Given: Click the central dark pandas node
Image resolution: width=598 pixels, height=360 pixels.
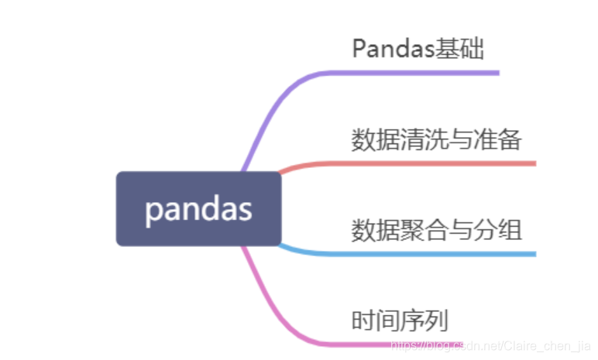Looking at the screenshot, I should tap(198, 209).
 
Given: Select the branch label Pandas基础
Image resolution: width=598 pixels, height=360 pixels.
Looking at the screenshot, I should tap(418, 49).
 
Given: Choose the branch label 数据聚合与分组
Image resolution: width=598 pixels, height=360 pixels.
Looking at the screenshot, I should tap(436, 229).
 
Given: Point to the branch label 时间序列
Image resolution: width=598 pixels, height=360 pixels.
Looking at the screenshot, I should tap(399, 320).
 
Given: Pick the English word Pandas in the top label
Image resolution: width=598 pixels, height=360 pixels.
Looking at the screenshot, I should tap(390, 49).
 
